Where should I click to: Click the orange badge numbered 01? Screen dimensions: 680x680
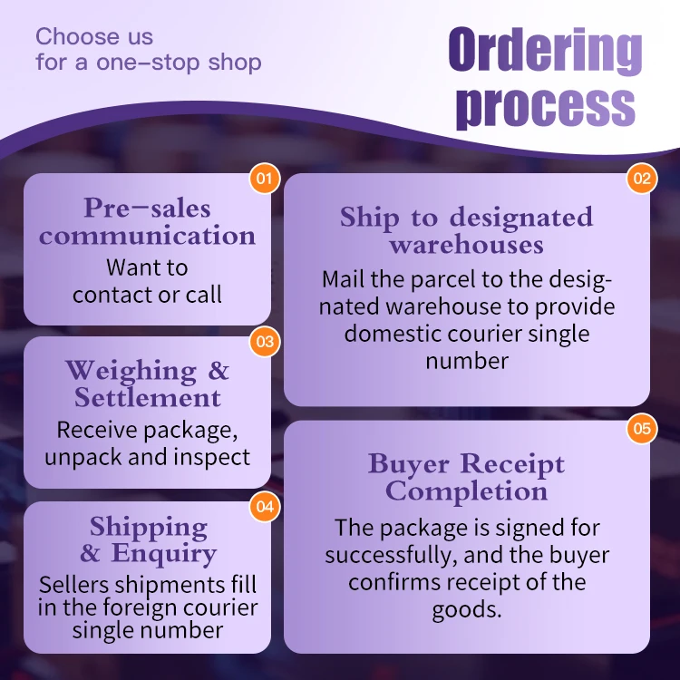[x=264, y=179]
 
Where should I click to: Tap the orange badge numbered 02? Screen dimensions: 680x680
[x=642, y=179]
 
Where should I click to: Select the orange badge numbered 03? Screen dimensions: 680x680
[x=265, y=342]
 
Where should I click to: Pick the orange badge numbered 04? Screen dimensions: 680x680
[x=265, y=507]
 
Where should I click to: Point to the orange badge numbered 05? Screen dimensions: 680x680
[x=642, y=428]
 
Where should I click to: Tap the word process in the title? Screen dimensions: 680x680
[x=545, y=106]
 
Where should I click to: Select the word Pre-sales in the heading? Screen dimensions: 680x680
[x=147, y=209]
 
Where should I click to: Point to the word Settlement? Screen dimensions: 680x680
[x=148, y=398]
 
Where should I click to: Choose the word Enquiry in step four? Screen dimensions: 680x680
[x=164, y=554]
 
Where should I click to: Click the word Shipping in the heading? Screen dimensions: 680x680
[x=148, y=527]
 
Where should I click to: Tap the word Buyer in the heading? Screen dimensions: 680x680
[x=410, y=464]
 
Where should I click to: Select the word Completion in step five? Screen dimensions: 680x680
[x=467, y=491]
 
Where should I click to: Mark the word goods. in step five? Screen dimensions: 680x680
[x=467, y=609]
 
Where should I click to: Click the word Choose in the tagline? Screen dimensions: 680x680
[x=75, y=37]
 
